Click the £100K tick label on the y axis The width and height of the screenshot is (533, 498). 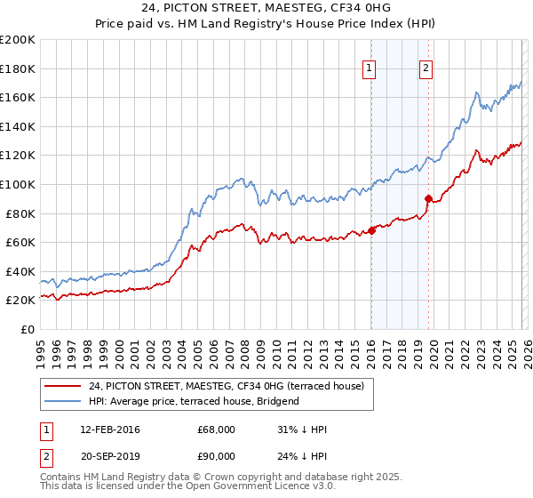18,184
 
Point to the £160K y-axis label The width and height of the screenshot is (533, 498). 18,97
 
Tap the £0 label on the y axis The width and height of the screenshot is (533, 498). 27,329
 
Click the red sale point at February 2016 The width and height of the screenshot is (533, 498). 371,230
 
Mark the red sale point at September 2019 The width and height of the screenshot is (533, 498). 428,198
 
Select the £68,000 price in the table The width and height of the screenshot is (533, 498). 217,430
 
